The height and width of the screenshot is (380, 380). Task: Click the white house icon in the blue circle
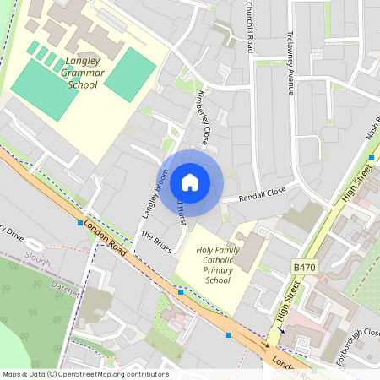click(190, 182)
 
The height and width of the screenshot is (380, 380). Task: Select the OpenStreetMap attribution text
click(85, 373)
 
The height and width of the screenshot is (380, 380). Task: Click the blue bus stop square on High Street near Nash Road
click(372, 158)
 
